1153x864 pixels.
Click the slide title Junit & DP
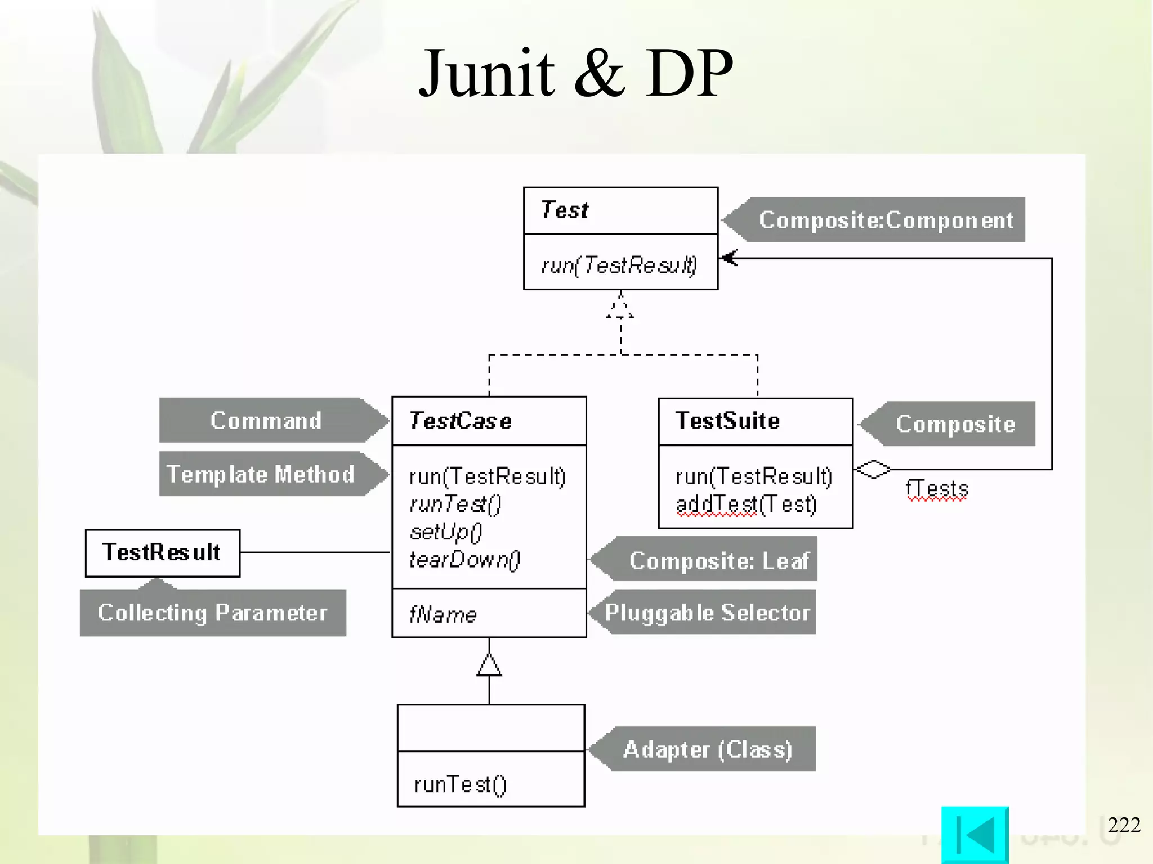pyautogui.click(x=576, y=74)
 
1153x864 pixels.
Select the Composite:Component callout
pyautogui.click(x=885, y=220)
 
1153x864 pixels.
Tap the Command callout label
pyautogui.click(x=266, y=421)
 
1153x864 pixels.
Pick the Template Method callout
pyautogui.click(x=261, y=474)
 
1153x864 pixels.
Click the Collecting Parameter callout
pyautogui.click(x=212, y=613)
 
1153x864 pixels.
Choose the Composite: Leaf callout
pyautogui.click(x=718, y=560)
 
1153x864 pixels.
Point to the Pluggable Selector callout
pyautogui.click(x=707, y=613)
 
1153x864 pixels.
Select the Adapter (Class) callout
pyautogui.click(x=708, y=749)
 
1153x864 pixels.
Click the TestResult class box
pyautogui.click(x=162, y=553)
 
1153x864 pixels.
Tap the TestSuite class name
pyautogui.click(x=727, y=421)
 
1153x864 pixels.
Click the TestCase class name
pyautogui.click(x=460, y=421)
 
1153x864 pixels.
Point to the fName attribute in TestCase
pyautogui.click(x=443, y=614)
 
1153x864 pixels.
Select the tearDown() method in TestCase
pyautogui.click(x=464, y=559)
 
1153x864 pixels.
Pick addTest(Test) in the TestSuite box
pyautogui.click(x=746, y=505)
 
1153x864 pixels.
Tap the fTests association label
pyautogui.click(x=936, y=489)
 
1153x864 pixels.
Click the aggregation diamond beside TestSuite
pyautogui.click(x=873, y=469)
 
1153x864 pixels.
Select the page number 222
pyautogui.click(x=1124, y=825)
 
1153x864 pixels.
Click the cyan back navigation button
pyautogui.click(x=975, y=834)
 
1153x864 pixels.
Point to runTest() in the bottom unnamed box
pyautogui.click(x=460, y=784)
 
